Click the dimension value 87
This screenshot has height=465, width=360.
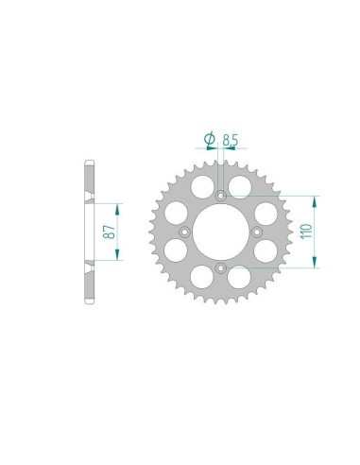[x=110, y=232]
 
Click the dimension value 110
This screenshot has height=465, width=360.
[x=306, y=232]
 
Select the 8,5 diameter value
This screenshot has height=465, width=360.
[x=231, y=140]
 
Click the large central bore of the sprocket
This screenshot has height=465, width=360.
[x=221, y=232]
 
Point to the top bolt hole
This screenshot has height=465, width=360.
[x=221, y=196]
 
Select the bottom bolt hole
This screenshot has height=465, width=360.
[x=221, y=268]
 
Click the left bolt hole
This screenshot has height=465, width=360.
[x=184, y=232]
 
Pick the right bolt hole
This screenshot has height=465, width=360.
[x=257, y=232]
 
